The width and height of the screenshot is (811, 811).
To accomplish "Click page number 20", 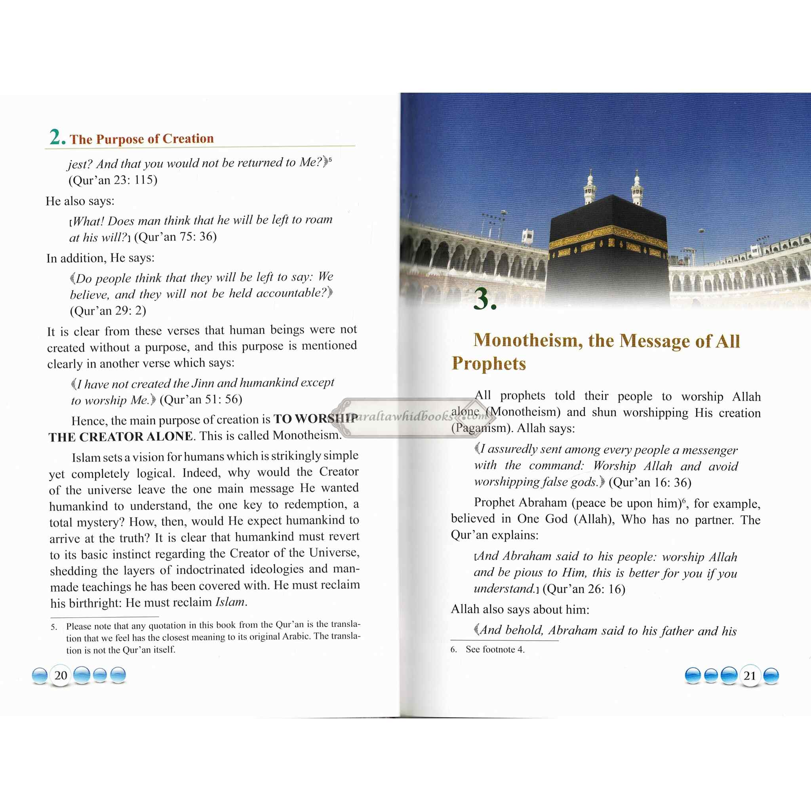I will point(61,676).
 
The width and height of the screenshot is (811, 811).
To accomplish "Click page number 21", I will point(749,676).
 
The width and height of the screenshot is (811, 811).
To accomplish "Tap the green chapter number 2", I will point(56,137).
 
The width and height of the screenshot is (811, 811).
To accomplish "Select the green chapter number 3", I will point(484,299).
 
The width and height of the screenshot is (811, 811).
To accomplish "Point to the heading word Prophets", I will point(489,364).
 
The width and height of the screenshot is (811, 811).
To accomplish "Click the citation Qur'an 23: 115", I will point(113,180).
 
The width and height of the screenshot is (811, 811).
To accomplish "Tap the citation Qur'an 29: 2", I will point(108,310).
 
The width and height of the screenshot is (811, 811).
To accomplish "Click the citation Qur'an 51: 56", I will point(201,399).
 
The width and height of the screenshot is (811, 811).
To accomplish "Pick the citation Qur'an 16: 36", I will point(650,482).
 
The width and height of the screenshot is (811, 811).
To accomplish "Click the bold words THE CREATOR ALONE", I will point(120,437).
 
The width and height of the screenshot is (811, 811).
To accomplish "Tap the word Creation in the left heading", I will point(188,139).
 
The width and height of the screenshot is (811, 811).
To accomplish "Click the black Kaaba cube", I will point(607,247).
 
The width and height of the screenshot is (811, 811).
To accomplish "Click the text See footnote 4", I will point(495,649).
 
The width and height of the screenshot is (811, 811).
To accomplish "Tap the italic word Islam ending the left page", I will point(230,602).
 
